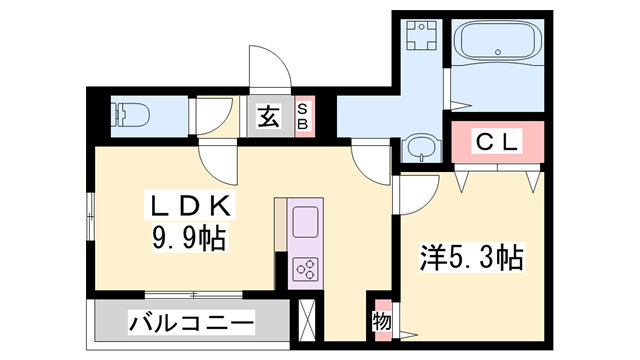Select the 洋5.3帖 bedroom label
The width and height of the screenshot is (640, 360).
[470, 258]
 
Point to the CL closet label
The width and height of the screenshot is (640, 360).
[496, 142]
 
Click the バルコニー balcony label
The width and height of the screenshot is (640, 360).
[191, 323]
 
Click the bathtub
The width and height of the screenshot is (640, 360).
[497, 43]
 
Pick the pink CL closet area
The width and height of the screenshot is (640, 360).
[496, 142]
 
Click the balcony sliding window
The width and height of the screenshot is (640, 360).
[191, 294]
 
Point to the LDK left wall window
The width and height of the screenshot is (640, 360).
[91, 214]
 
